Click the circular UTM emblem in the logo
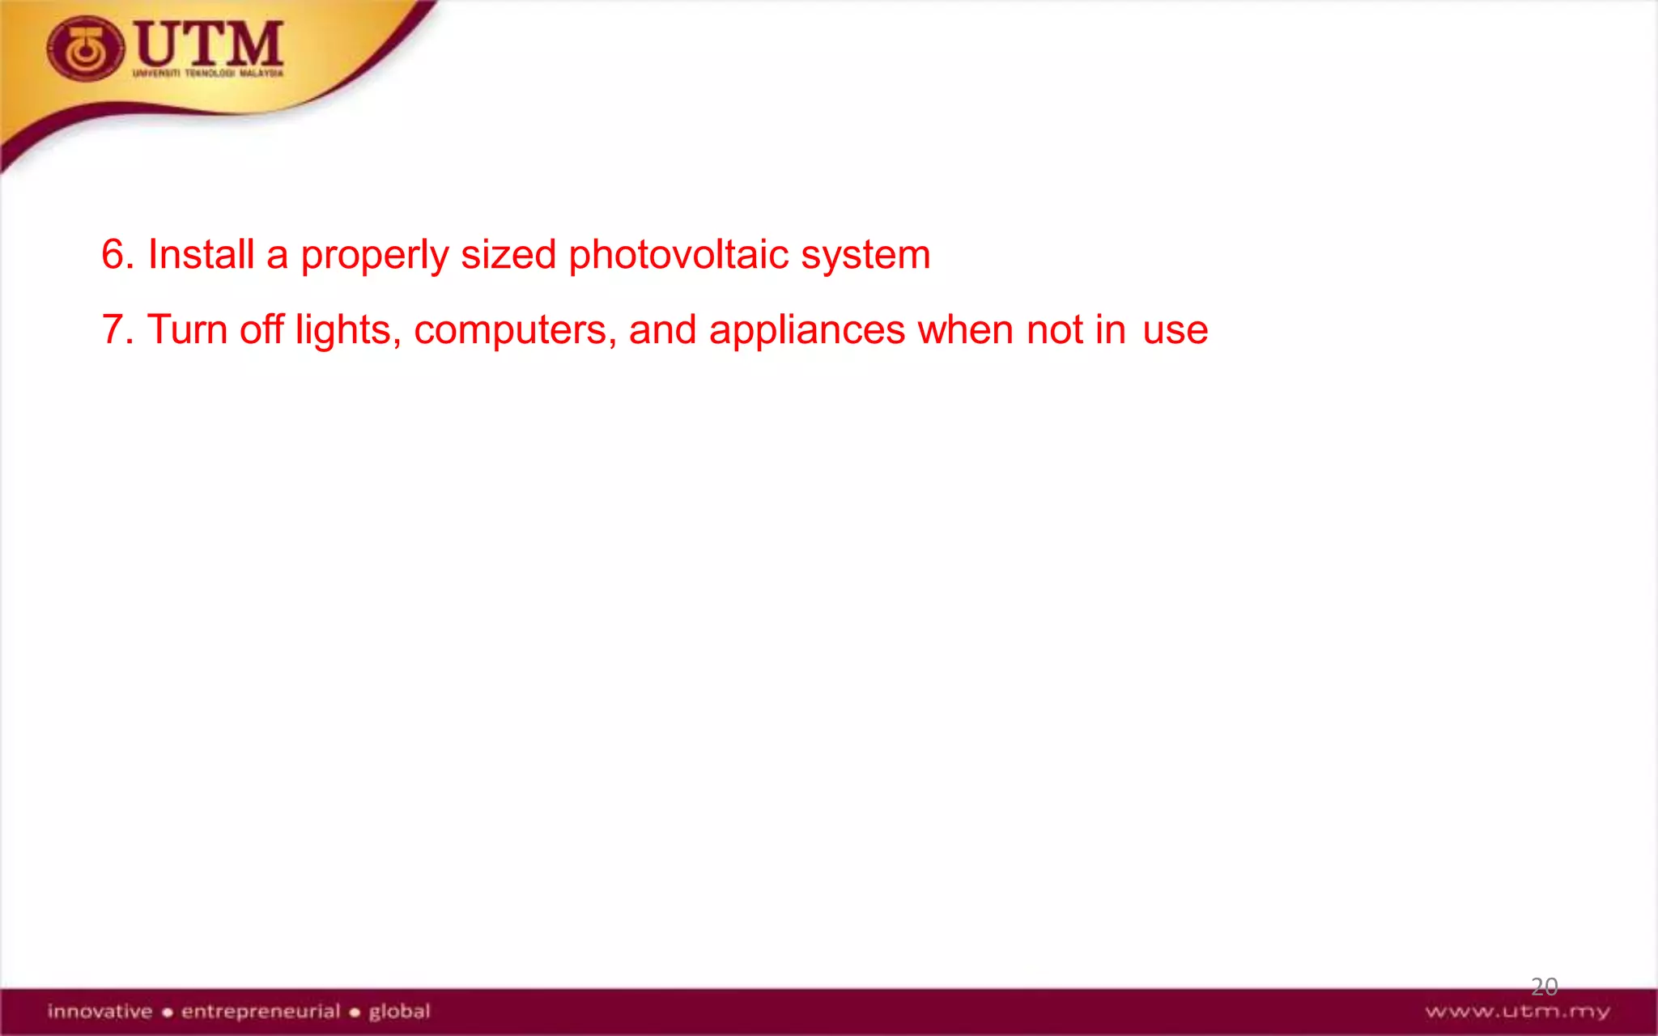85,50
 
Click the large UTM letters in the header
210,44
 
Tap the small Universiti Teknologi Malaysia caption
208,74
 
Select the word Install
201,255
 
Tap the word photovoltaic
678,255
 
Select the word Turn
187,330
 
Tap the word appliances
806,331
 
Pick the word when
965,330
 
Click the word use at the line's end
1175,331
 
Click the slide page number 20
1544,986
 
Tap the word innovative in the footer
100,1011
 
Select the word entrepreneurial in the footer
261,1011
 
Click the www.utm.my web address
1517,1012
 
